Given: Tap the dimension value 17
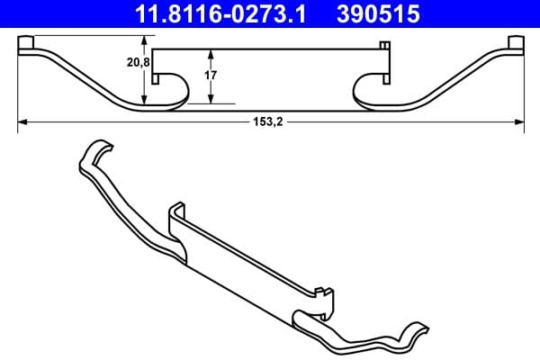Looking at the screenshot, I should pos(210,76).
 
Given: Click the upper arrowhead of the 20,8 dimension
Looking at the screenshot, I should pos(144,40).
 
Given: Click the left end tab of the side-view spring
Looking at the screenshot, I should pos(28,44).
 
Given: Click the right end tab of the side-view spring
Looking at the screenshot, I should pos(515,44).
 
